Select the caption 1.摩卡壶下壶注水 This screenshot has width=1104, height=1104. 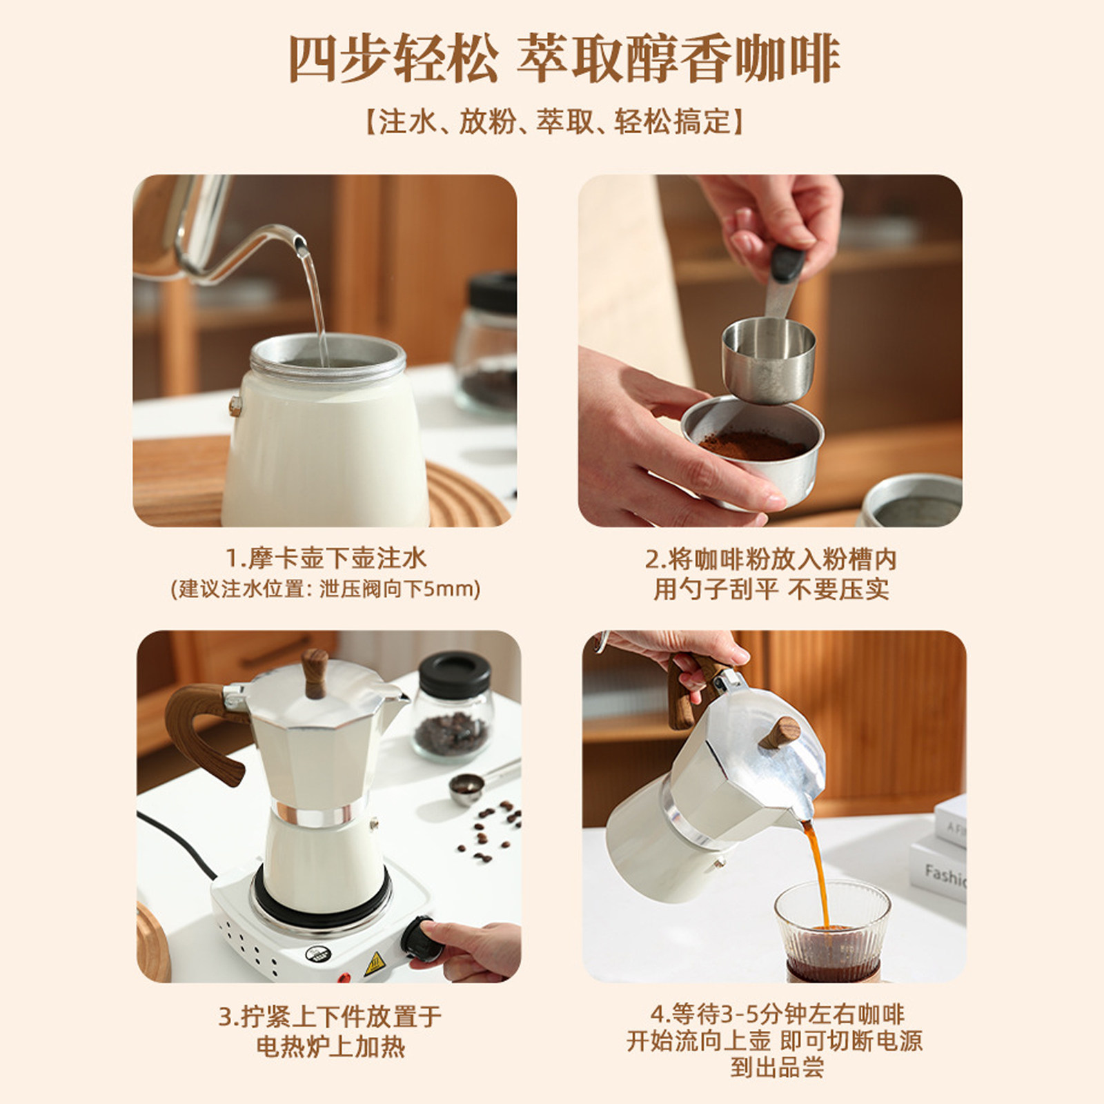click(326, 558)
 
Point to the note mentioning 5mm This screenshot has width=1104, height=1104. click(325, 589)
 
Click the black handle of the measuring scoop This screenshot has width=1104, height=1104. click(787, 263)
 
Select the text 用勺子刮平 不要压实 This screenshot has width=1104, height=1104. click(771, 589)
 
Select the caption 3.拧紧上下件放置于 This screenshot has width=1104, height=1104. click(330, 1016)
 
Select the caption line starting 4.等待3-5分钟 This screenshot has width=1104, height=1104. click(777, 1014)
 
